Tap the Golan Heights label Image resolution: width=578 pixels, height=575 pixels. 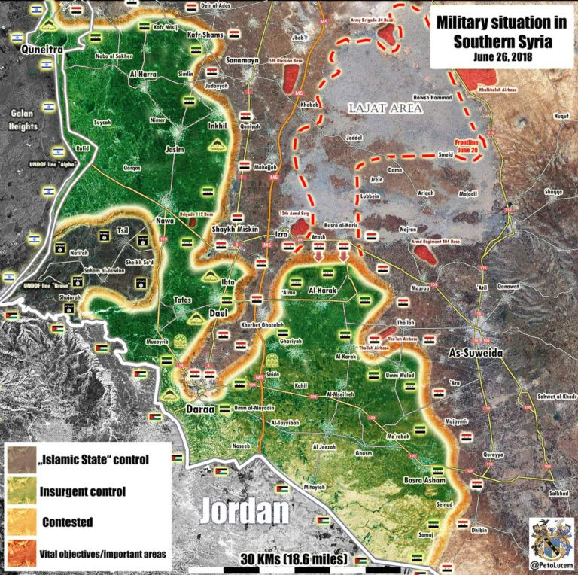point(23,119)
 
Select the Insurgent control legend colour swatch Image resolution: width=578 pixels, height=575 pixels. point(22,491)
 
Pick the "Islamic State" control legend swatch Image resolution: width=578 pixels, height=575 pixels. point(22,460)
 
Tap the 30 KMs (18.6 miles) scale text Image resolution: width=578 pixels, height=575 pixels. point(294,560)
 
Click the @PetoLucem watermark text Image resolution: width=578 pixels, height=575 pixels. point(552,564)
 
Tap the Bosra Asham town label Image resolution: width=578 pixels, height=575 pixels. point(425,480)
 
